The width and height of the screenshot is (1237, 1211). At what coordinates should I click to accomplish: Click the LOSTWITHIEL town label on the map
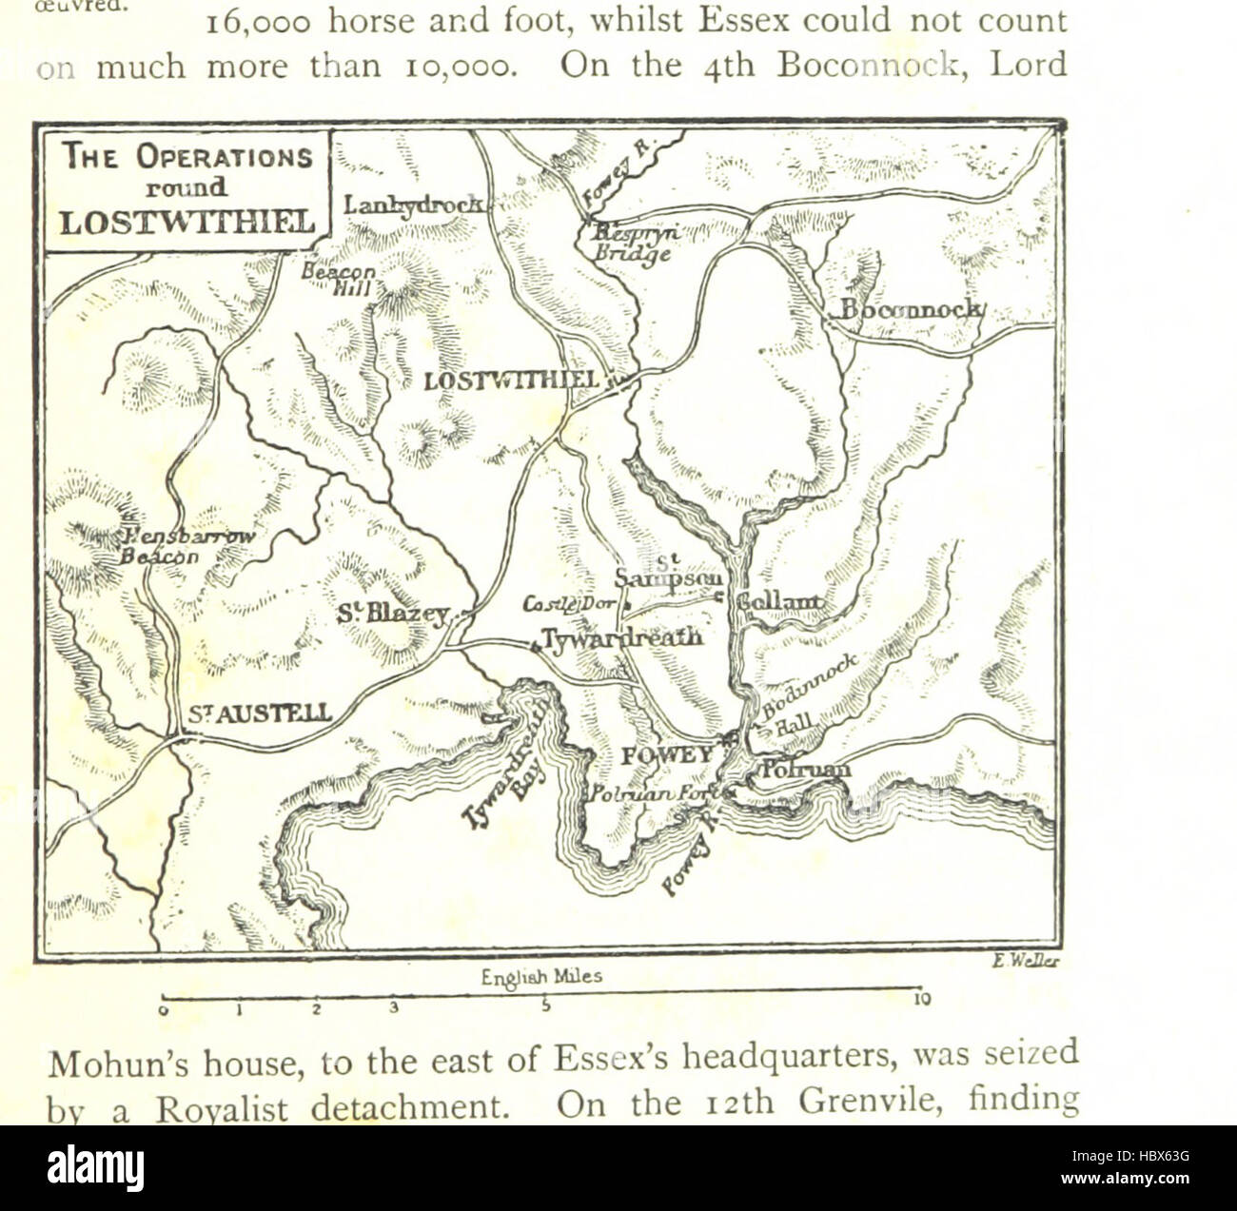(x=511, y=381)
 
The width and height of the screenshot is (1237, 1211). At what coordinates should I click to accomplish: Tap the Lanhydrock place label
(x=413, y=205)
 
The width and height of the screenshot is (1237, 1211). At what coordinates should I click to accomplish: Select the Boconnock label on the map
(x=909, y=310)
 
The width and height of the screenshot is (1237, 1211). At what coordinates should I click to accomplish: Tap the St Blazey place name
(x=392, y=615)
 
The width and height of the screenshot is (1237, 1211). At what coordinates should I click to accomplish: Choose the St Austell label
(x=259, y=713)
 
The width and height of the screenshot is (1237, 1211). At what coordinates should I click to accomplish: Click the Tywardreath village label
(x=622, y=637)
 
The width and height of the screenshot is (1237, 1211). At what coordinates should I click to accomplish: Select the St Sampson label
(x=669, y=572)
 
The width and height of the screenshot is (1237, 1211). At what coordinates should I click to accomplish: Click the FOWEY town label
(x=666, y=755)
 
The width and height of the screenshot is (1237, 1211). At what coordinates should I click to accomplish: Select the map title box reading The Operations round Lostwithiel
(x=187, y=188)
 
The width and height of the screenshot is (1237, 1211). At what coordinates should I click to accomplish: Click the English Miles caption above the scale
(x=541, y=977)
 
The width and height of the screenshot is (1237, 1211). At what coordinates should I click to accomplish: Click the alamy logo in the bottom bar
(x=95, y=1167)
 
